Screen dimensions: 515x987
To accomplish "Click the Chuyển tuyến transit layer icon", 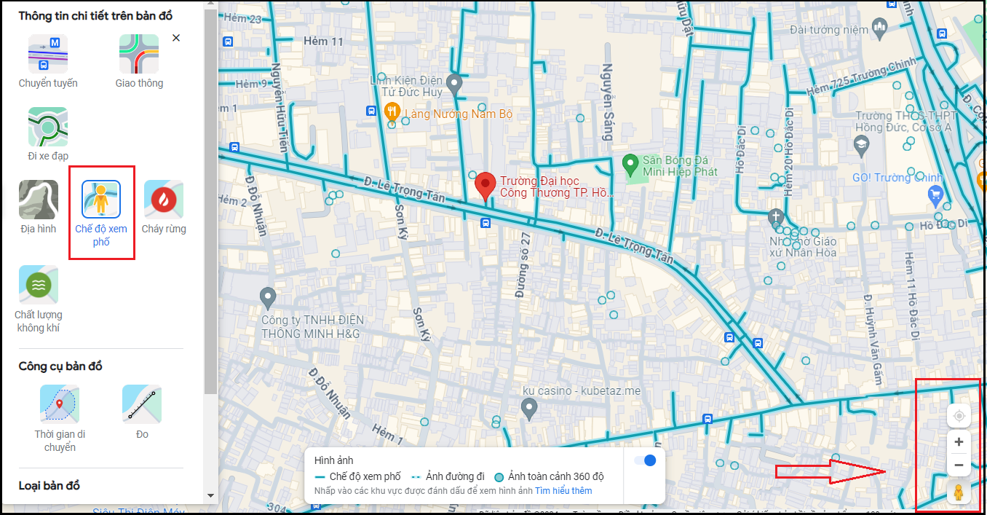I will pos(48,54).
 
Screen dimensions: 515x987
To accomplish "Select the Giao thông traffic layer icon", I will pos(139,54).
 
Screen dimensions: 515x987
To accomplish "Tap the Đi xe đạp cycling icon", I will pos(48,127).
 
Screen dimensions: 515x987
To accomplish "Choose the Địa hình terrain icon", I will pos(39,200).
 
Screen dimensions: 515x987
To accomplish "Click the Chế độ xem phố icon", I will pos(101,200).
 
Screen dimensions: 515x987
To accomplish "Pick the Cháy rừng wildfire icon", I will pos(164,200).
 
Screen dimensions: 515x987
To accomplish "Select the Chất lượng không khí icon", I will pos(39,285).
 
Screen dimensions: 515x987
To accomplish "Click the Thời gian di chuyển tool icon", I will pos(60,405).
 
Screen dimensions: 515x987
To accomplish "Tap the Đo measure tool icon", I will pos(142,405).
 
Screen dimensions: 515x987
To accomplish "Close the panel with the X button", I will pos(176,38).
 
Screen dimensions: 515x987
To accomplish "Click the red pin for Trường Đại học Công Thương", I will pos(485,186).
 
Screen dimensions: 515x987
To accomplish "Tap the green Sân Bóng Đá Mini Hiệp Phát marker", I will pos(630,165).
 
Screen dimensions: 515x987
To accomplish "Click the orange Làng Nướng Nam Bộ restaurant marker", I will pos(392,111).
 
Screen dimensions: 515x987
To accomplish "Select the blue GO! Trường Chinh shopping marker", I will pos(935,194).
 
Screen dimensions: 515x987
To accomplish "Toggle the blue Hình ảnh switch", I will pos(645,460).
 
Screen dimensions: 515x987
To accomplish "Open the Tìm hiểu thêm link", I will pos(563,491).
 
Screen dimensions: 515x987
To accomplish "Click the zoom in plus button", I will pos(959,442).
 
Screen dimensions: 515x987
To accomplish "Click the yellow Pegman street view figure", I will pos(959,493).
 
